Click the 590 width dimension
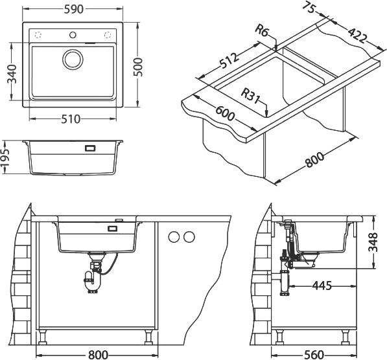pos(74,9)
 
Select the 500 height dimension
pos(138,67)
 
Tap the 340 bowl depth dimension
pos(12,74)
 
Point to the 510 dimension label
pos(71,119)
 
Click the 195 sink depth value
pos(5,157)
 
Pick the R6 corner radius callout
pos(262,30)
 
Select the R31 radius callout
pos(250,96)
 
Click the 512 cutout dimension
pos(229,60)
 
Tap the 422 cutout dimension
pos(357,35)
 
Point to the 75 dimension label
pos(309,7)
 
